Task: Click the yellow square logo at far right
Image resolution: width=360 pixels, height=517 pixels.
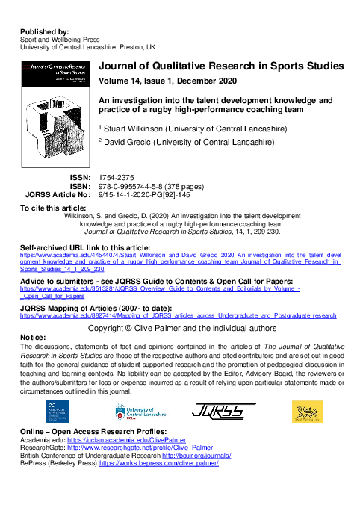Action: pos(306,411)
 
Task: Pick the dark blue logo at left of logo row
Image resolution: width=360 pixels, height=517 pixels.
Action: pos(53,411)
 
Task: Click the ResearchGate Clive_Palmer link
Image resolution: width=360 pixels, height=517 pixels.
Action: pos(134,448)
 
